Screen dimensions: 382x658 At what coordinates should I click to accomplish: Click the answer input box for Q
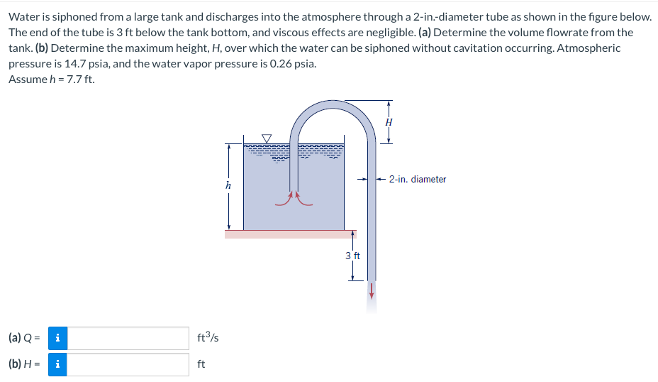[128, 338]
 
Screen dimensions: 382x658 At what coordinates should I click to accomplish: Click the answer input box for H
[128, 364]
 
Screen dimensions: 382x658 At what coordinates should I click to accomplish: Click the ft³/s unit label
[208, 338]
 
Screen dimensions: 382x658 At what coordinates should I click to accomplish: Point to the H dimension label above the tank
[389, 122]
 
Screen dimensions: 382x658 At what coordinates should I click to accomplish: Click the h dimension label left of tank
[228, 185]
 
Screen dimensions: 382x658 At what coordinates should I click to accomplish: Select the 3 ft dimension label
[352, 256]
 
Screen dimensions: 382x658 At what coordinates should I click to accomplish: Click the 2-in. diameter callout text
[418, 180]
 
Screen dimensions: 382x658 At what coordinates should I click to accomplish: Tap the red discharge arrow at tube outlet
[371, 291]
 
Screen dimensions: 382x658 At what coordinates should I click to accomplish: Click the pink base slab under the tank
[291, 234]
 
